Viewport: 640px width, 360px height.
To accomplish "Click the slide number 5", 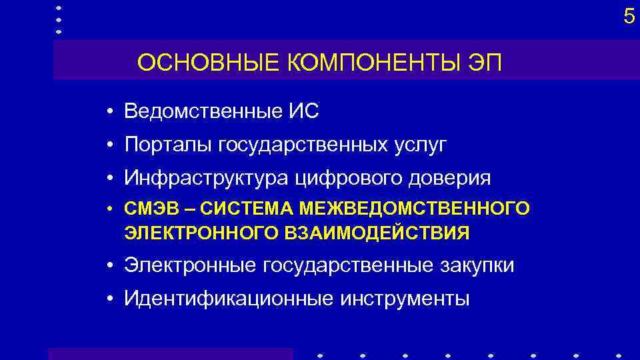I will (629, 16).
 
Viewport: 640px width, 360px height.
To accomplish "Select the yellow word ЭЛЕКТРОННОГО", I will (189, 233).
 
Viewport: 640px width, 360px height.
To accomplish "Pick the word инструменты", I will (405, 299).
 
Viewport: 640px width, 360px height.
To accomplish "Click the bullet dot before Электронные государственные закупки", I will (109, 265).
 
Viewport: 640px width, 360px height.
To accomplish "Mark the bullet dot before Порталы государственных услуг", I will (109, 145).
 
